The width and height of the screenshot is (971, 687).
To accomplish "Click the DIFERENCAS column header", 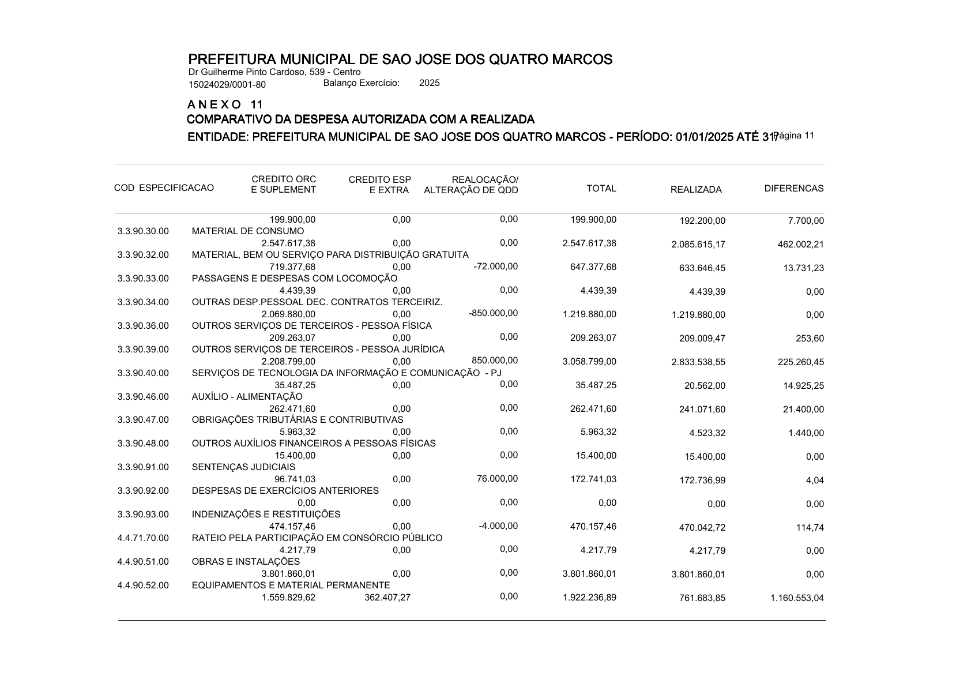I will point(793,189).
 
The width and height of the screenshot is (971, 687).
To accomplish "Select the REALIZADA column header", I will point(695,190).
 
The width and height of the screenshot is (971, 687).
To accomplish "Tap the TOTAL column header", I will point(601,189).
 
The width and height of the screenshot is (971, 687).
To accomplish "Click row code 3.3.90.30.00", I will point(143,231).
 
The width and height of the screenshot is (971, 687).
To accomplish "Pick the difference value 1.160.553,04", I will point(797,598).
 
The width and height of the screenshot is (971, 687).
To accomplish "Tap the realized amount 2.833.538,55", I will point(698,362).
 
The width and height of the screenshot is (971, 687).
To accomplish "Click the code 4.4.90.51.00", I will point(143,562).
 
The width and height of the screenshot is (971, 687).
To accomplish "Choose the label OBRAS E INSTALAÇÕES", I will point(246,562).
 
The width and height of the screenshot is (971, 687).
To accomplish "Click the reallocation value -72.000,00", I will point(496,266).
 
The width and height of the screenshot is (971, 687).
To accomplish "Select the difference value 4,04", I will point(814,480).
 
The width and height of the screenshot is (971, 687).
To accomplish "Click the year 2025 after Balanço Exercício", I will point(429,83).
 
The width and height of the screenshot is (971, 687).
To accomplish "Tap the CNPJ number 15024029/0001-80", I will point(227,85).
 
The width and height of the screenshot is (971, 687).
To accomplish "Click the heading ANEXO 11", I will point(225,105).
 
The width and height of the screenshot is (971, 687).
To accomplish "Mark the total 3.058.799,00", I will point(589,361).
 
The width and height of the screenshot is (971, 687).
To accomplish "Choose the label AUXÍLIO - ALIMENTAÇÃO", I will point(247,397).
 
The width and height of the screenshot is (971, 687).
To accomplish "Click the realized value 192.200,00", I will point(702,221).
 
